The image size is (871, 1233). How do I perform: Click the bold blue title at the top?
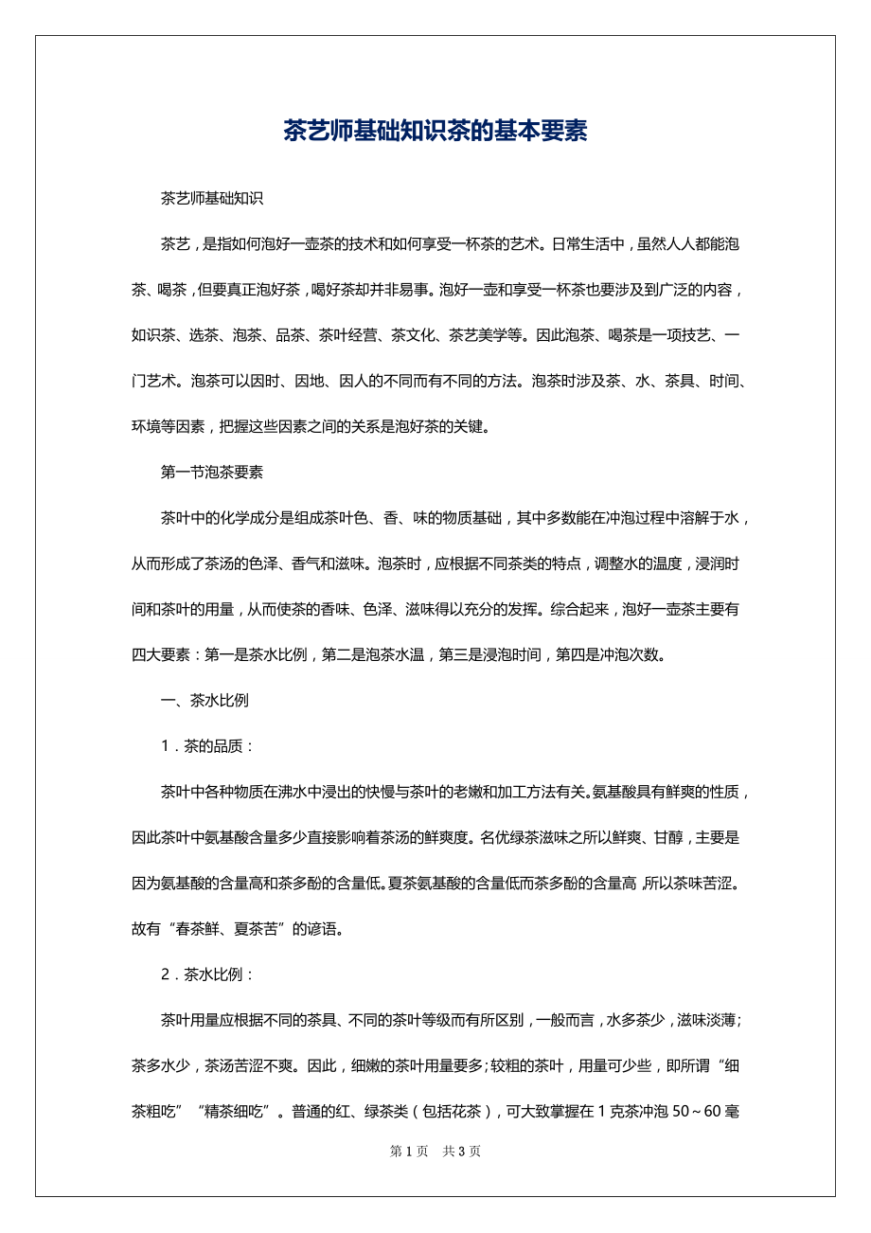[x=435, y=131]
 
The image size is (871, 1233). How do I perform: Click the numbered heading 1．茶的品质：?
[x=207, y=745]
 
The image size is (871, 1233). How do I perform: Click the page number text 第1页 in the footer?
[x=409, y=1152]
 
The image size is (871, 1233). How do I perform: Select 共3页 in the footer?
[x=462, y=1152]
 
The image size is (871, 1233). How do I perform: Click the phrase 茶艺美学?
[x=479, y=335]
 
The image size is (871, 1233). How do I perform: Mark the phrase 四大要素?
[x=161, y=655]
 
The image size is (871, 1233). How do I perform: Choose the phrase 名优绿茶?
[x=510, y=837]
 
